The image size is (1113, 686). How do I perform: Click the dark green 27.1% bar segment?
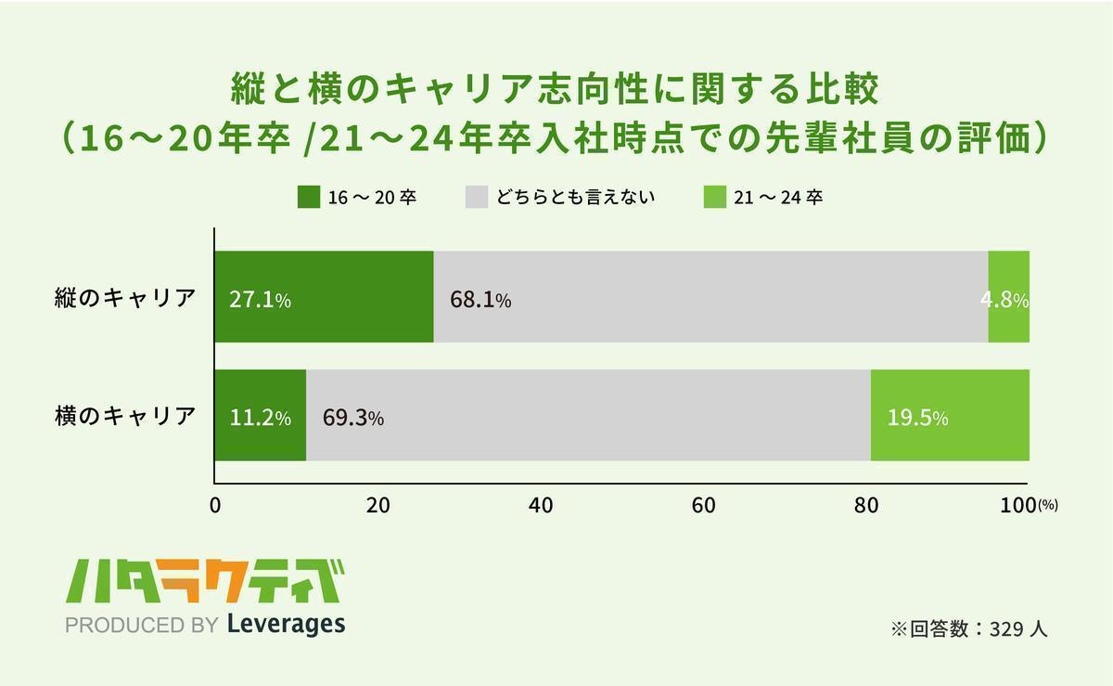(x=324, y=297)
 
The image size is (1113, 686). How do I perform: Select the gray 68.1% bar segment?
(x=710, y=297)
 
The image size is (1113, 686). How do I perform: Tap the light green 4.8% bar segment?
(x=1008, y=297)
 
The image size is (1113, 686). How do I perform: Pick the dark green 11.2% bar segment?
(x=260, y=415)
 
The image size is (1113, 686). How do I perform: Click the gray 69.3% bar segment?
(x=588, y=415)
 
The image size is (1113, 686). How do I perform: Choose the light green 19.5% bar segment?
(x=950, y=415)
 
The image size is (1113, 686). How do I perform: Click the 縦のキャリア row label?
(x=124, y=298)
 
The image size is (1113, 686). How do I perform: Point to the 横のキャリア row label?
(x=124, y=416)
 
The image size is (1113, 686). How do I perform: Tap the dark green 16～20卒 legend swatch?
(x=308, y=197)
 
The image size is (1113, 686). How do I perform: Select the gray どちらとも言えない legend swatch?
(x=475, y=197)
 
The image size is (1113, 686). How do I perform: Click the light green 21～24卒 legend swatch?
(x=714, y=197)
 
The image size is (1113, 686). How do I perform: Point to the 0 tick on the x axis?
(x=215, y=506)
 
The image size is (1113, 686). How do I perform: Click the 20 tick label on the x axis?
(x=377, y=506)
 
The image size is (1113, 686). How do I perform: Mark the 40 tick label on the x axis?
(x=541, y=506)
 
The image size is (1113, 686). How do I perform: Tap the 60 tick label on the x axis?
(x=703, y=506)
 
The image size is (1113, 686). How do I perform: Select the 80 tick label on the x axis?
(x=866, y=506)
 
